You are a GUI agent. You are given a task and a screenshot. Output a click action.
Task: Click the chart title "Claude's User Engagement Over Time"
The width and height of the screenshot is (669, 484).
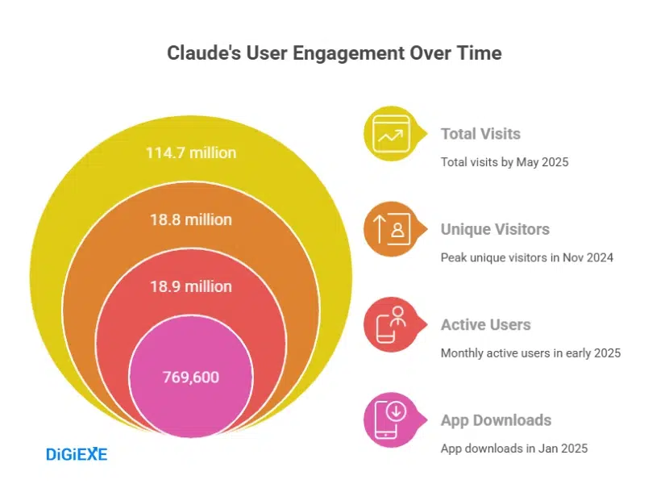coord(334,53)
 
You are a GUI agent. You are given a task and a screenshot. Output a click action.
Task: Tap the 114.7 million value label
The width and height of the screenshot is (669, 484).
coord(191,152)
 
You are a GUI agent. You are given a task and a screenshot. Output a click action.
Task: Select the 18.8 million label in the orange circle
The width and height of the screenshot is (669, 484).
coord(191,219)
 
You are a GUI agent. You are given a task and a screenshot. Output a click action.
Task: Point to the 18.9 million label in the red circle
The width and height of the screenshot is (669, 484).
coord(191,286)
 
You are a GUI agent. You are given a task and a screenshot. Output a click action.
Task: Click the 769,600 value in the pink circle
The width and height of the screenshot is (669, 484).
coord(191,377)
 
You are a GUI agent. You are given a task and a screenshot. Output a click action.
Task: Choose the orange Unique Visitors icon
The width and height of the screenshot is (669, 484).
coord(392,230)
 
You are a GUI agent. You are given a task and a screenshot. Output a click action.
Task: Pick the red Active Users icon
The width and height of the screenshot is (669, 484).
coord(392,325)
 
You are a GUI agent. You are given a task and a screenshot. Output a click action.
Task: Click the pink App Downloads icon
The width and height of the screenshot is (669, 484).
coord(392,420)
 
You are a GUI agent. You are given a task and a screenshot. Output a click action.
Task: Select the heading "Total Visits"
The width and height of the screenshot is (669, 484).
coord(480,134)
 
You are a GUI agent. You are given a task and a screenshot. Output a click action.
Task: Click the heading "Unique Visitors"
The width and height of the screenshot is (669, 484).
coord(495,229)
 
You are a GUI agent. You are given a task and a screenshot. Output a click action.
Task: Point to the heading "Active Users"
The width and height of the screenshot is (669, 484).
coord(485,324)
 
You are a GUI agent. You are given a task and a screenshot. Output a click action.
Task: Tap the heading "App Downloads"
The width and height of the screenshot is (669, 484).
coord(496,419)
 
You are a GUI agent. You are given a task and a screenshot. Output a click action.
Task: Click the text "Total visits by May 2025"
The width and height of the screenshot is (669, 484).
coord(505,162)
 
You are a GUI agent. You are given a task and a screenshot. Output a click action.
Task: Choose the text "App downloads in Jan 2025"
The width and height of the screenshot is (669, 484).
coord(513,448)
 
